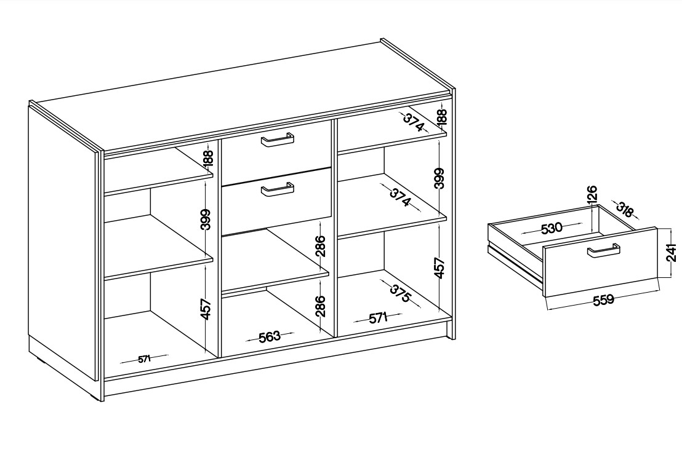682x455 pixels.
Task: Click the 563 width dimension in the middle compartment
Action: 270,337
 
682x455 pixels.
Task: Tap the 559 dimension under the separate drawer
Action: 603,299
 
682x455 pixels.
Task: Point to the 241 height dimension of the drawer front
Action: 672,253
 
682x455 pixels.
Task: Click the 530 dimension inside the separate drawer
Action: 552,228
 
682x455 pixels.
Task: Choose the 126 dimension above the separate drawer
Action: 592,195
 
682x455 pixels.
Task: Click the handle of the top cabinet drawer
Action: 277,140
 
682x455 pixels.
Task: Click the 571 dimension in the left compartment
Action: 144,359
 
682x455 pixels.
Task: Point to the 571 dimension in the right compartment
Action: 378,318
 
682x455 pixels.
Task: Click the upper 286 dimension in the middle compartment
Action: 320,247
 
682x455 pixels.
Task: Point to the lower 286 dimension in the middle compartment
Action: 320,306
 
